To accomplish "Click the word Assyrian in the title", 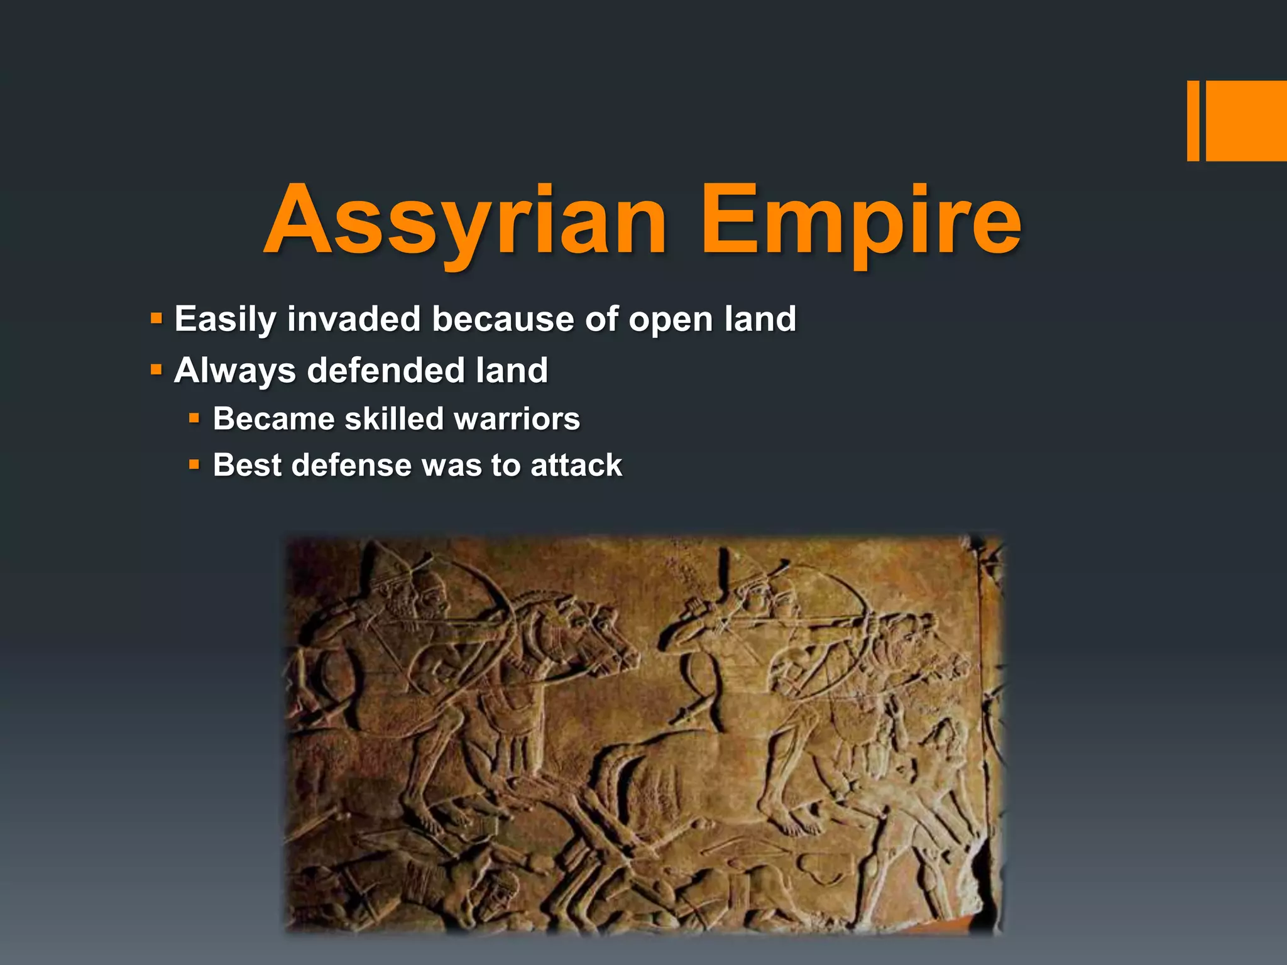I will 465,221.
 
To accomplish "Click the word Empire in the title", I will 861,221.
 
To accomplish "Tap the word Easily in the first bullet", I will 225,320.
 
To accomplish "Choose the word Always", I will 235,371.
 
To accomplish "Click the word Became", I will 273,418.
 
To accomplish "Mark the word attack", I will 576,466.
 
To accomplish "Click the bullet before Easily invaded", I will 156,319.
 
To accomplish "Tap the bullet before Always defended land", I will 156,369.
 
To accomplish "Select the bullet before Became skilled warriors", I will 194,418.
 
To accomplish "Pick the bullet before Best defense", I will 194,465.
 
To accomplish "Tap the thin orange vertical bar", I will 1193,121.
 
